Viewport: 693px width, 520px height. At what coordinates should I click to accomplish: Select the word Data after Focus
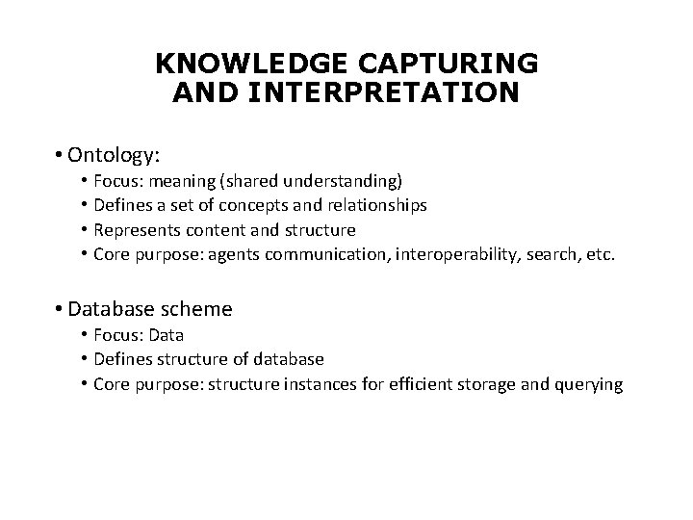point(166,334)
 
